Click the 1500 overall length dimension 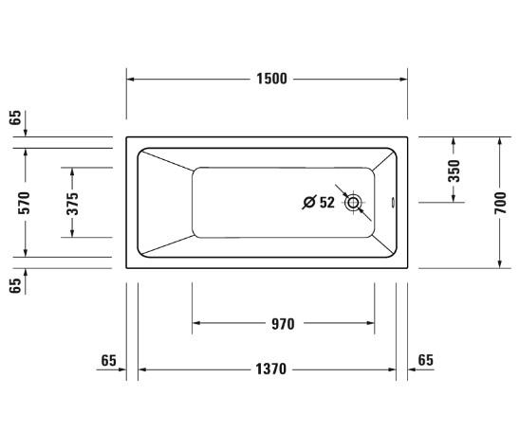(269, 79)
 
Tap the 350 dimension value (454, 171)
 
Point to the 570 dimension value (25, 202)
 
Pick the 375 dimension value (72, 202)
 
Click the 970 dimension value (281, 324)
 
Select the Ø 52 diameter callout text (318, 202)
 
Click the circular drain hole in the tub (354, 202)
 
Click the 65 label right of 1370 (424, 360)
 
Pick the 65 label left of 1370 (107, 360)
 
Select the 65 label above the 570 (14, 118)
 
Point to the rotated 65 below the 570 (14, 284)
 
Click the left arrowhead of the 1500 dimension (132, 79)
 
